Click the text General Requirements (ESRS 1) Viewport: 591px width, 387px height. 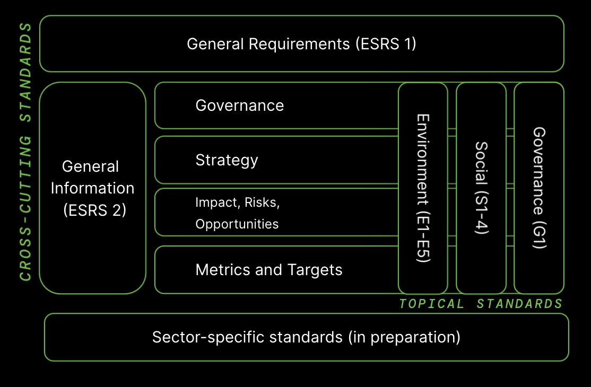coord(301,44)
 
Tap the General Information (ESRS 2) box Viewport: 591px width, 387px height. coord(93,188)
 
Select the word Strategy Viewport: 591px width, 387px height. coord(227,161)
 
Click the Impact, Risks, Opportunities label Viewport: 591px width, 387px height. coord(238,213)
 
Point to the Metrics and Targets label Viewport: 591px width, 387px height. coord(269,270)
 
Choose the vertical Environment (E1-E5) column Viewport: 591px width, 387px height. coord(423,188)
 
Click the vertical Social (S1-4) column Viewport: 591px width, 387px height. coord(481,188)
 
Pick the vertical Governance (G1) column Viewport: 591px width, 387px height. coord(539,188)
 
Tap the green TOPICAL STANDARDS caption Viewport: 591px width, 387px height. coord(481,304)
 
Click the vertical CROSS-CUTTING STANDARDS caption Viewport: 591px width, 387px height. coord(25,152)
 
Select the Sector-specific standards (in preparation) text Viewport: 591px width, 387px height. coord(306,337)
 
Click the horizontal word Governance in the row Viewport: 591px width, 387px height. coord(240,106)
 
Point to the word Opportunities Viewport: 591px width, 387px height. coord(237,224)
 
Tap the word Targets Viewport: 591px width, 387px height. coord(315,270)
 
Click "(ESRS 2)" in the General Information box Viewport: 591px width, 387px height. coord(94,210)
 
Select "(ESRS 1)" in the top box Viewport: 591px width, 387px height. coord(386,44)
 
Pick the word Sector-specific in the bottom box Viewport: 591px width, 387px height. coord(208,337)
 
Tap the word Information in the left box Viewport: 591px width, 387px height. coord(93,188)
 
